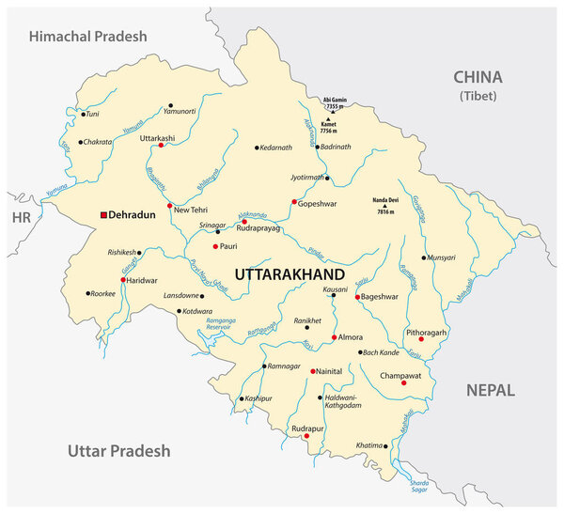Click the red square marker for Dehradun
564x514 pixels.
click(x=104, y=215)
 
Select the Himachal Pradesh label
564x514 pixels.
click(x=88, y=37)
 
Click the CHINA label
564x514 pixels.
click(x=478, y=78)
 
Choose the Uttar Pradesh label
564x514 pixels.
click(x=119, y=450)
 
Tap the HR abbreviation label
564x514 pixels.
click(x=22, y=217)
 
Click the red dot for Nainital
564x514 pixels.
click(x=313, y=371)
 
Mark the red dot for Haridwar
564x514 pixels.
click(x=122, y=279)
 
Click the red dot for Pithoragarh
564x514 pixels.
click(x=421, y=339)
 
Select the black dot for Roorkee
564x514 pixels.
click(x=88, y=293)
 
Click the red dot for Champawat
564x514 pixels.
click(x=403, y=382)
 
